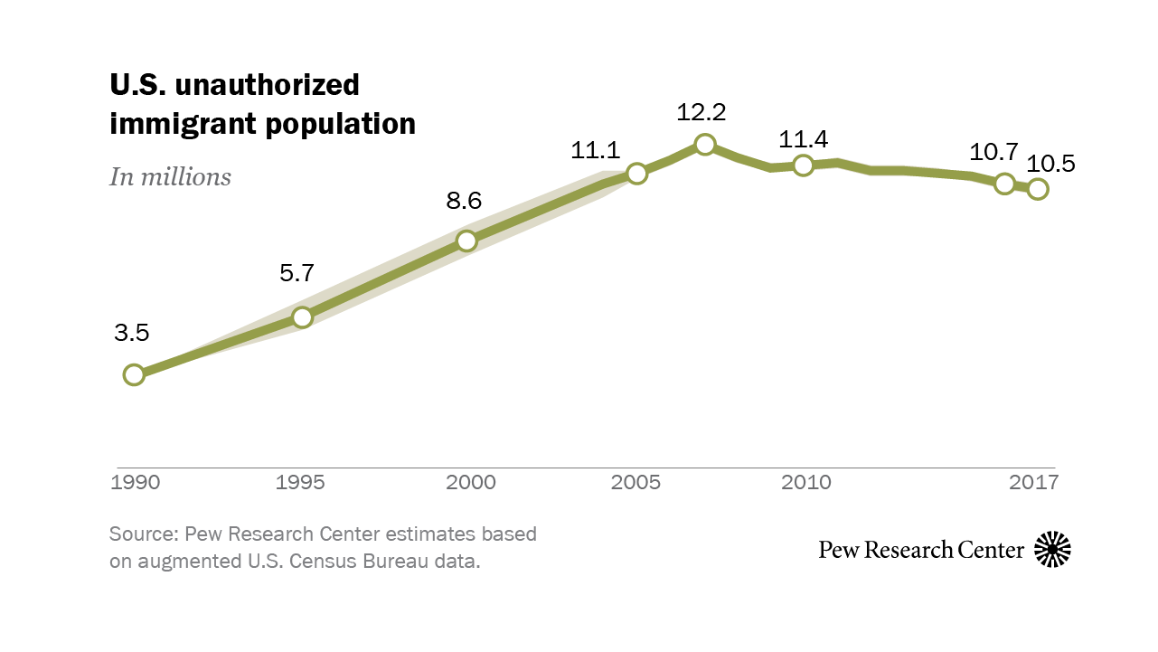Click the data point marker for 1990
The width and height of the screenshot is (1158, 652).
[x=134, y=374]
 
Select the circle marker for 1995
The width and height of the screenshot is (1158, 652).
[x=303, y=317]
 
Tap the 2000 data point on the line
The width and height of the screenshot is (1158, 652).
[x=466, y=241]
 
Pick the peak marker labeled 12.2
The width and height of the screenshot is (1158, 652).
[x=705, y=145]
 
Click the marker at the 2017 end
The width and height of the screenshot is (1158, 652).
[x=1038, y=189]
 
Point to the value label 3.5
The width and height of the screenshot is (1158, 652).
[x=131, y=333]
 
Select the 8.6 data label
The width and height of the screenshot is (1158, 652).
[x=464, y=201]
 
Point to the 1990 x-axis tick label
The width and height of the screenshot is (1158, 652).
[x=135, y=482]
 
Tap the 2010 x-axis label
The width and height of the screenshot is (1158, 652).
[x=806, y=482]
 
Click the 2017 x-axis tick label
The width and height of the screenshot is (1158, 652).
[x=1034, y=482]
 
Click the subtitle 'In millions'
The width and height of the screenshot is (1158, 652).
[x=170, y=176]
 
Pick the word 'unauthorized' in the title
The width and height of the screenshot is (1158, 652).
[x=268, y=85]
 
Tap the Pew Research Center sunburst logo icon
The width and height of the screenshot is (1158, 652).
[x=1052, y=549]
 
